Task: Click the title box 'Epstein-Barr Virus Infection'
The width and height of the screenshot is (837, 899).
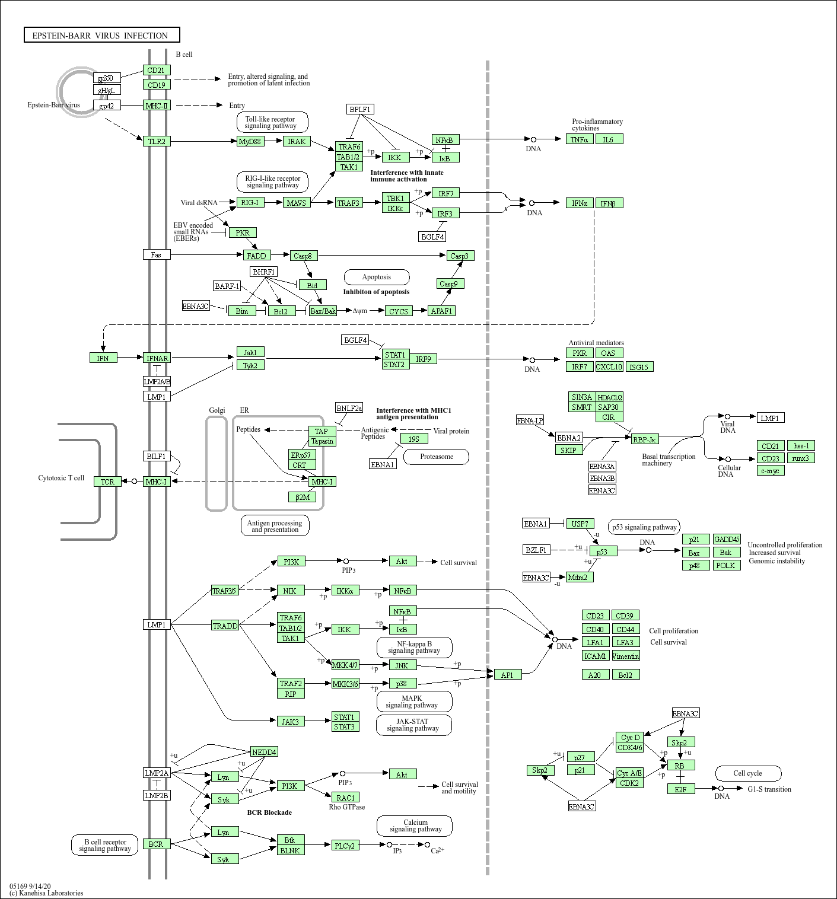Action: [x=101, y=36]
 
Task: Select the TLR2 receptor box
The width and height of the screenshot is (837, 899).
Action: [x=157, y=141]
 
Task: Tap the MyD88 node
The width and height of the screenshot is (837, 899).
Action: [x=250, y=141]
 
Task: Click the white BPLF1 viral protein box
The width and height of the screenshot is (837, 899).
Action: [x=360, y=110]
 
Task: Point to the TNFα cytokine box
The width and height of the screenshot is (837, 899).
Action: [x=580, y=139]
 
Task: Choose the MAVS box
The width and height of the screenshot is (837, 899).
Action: [x=297, y=203]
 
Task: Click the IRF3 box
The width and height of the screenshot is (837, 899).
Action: [x=445, y=213]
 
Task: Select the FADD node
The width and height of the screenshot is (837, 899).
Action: [x=256, y=256]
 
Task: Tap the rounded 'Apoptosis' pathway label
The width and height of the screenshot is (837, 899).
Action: [x=377, y=277]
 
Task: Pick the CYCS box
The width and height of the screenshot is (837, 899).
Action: [x=399, y=311]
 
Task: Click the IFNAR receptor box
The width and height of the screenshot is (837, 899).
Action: [x=157, y=358]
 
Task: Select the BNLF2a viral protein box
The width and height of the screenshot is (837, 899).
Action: [x=349, y=408]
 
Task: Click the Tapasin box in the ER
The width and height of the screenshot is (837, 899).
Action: [x=322, y=441]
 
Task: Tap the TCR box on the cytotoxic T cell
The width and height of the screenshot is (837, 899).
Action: [x=107, y=482]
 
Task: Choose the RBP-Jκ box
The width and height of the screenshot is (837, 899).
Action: [x=645, y=439]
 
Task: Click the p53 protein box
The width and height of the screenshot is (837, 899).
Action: [x=603, y=551]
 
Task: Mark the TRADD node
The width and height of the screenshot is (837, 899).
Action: [x=225, y=626]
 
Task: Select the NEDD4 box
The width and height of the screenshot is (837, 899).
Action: [x=264, y=752]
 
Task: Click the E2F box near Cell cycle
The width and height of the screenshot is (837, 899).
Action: [x=681, y=789]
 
